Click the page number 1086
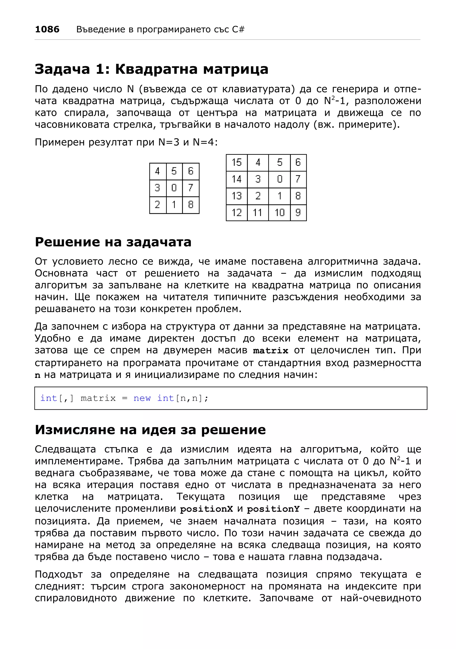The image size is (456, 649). coord(47,29)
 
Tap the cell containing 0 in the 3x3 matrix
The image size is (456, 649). coord(174,188)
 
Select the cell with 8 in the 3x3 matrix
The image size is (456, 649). coord(191,204)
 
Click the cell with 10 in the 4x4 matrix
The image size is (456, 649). coord(279,212)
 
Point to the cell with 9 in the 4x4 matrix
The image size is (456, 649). coord(298,212)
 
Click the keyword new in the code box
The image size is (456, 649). coord(142,398)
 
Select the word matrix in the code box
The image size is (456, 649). coord(98,398)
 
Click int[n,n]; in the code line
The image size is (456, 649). coord(183,398)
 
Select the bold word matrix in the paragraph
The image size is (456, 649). coord(270,351)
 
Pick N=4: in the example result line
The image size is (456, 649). coord(205,142)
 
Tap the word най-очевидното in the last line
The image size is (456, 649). coord(381,598)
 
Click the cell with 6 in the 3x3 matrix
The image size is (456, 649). coord(191,171)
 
